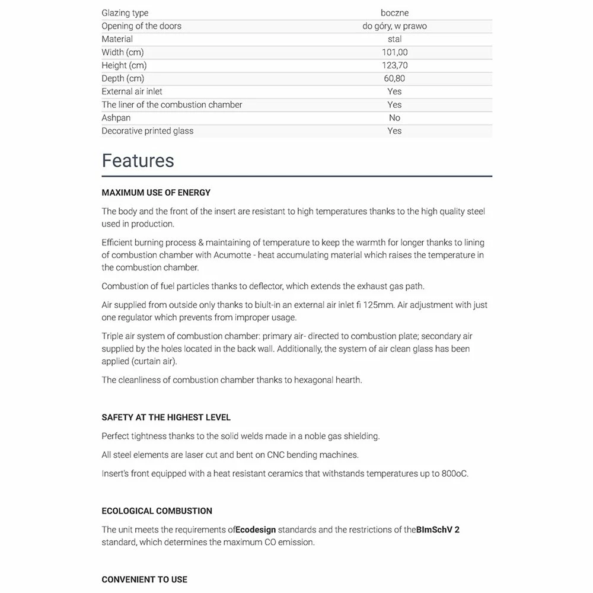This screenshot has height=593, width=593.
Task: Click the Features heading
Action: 138,161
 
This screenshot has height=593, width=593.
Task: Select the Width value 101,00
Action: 394,52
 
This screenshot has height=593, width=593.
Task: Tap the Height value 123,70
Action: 394,65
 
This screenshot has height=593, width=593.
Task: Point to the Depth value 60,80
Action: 394,78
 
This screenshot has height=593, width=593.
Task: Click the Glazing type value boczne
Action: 394,13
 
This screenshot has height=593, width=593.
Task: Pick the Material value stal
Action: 394,39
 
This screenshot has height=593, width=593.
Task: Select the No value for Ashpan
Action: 394,117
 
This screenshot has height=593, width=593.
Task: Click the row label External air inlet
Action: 132,91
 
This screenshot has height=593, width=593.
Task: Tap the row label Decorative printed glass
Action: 147,130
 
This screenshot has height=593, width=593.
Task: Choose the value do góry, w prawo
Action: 394,26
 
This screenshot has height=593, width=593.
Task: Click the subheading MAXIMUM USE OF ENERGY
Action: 156,193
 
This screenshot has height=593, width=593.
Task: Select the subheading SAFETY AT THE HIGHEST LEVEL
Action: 166,417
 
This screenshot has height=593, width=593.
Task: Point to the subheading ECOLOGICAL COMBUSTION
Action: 157,511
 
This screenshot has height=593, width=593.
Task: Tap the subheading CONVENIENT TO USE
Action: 144,579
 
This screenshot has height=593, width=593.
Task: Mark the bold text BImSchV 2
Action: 438,530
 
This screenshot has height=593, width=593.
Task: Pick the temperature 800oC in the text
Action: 455,473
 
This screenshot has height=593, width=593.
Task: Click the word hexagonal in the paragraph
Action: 305,380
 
